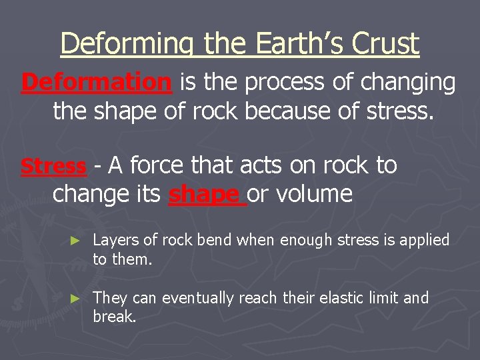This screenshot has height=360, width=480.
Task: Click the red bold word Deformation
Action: pyautogui.click(x=96, y=83)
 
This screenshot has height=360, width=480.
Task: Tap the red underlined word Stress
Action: pyautogui.click(x=53, y=165)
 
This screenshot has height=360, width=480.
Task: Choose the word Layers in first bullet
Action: pyautogui.click(x=114, y=240)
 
